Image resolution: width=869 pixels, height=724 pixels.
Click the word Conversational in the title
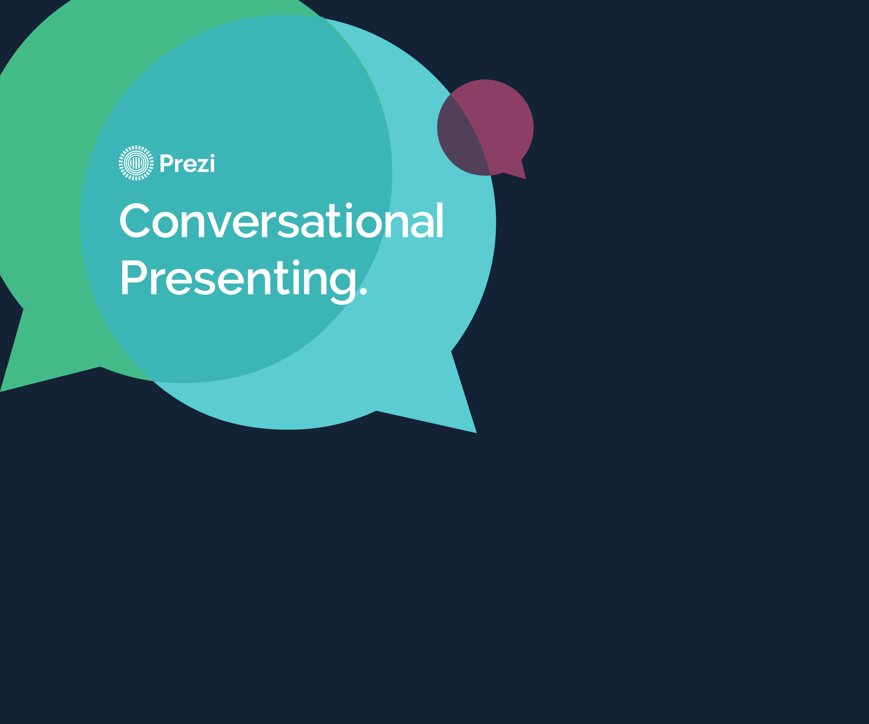coord(281,220)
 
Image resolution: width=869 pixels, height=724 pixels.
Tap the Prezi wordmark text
coord(187,163)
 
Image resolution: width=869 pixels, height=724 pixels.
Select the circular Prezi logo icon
coord(136,163)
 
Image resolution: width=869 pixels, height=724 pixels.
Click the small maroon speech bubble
coord(485,128)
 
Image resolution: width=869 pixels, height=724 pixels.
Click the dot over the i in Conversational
coord(349,206)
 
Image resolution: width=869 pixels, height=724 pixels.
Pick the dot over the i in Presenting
coord(296,263)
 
